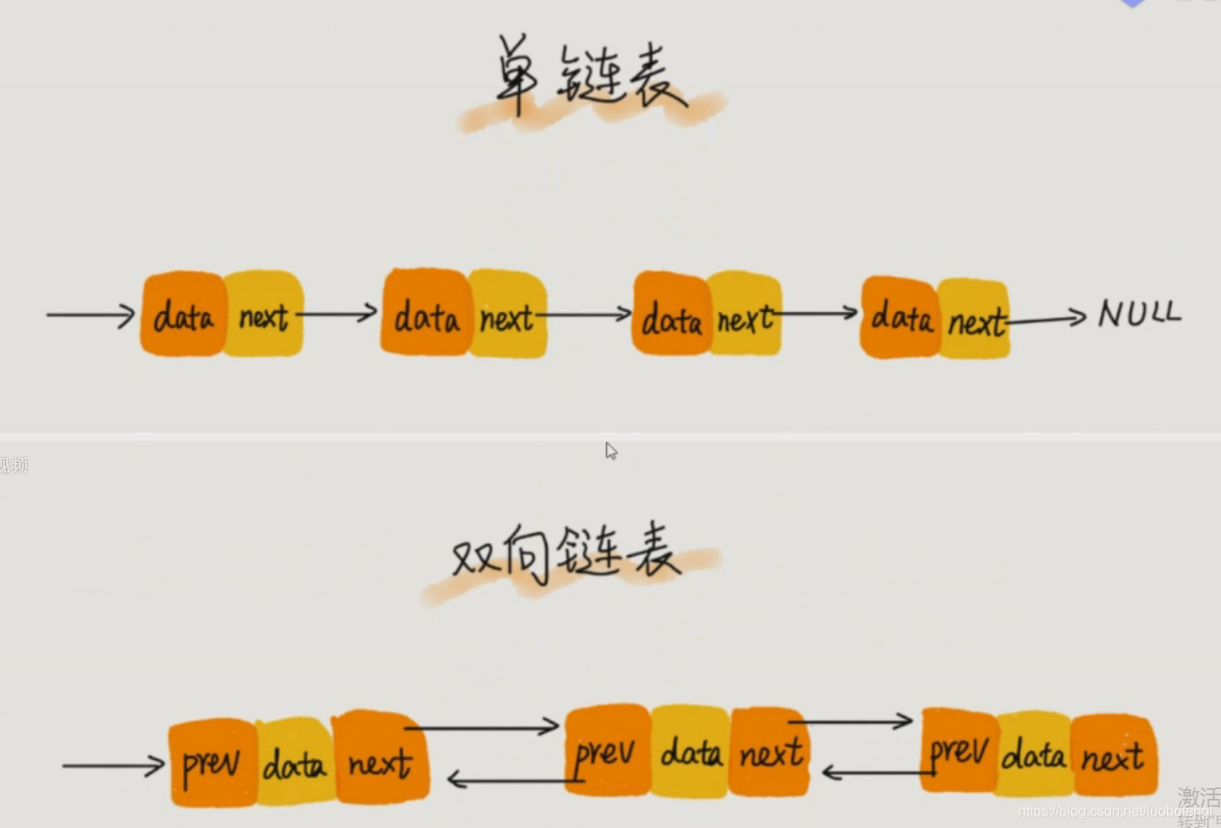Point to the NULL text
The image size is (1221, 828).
click(1139, 313)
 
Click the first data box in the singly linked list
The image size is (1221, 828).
click(183, 315)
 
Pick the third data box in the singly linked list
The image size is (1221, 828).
click(672, 317)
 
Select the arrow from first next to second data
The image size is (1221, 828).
click(337, 313)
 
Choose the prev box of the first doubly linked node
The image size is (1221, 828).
click(211, 763)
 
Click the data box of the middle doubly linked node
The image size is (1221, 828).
click(691, 753)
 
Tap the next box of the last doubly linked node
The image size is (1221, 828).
click(1113, 756)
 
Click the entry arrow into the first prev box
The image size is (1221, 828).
click(113, 765)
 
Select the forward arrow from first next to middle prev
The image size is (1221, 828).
click(482, 727)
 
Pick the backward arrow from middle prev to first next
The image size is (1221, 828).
click(509, 780)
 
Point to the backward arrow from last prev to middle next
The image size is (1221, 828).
click(876, 773)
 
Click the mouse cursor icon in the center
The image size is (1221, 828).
click(610, 451)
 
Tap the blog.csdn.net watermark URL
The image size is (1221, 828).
click(1115, 811)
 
